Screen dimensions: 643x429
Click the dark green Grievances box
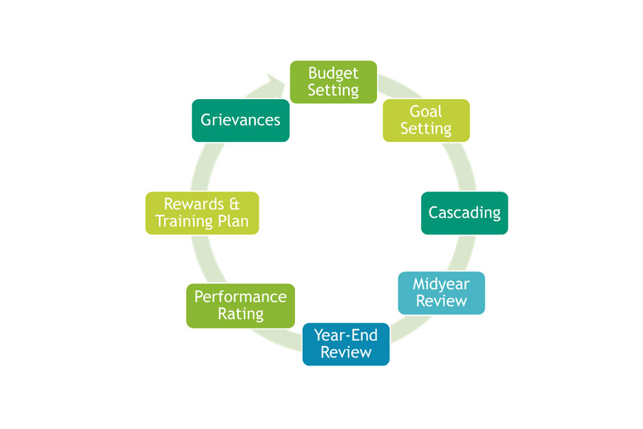tap(241, 121)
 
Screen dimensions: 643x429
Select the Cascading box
tap(465, 213)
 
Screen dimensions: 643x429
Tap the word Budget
tap(333, 73)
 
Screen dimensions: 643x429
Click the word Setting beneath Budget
tap(333, 90)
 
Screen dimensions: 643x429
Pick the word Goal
tap(426, 111)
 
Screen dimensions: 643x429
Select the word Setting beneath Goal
tap(426, 129)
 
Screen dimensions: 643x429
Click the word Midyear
tap(441, 284)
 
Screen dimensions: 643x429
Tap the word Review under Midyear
tap(441, 301)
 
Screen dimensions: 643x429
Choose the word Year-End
tap(346, 335)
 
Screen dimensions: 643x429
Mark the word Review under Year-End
tap(346, 352)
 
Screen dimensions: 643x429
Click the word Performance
tap(241, 297)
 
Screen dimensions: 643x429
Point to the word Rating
tap(241, 314)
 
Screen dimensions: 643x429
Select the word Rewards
tap(194, 204)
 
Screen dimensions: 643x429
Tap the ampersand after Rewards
tap(234, 204)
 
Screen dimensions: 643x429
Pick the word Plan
tap(233, 221)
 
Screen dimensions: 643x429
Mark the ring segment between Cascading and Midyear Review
tap(461, 253)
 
